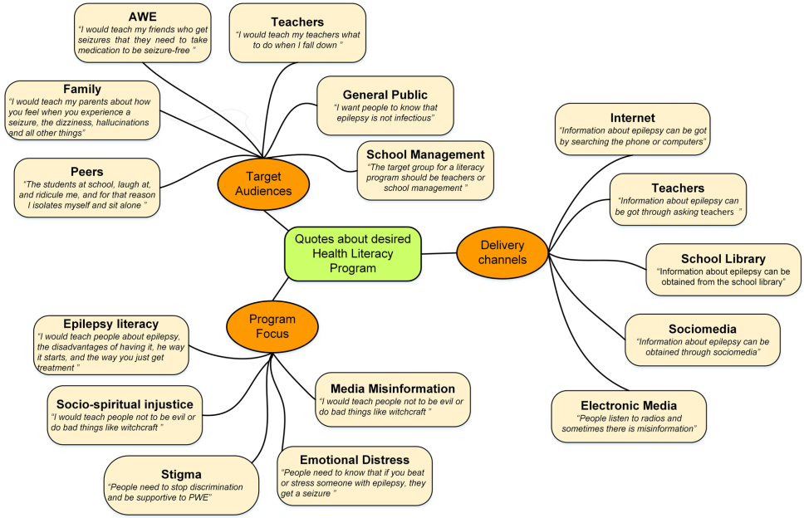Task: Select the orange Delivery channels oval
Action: [502, 252]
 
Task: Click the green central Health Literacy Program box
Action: [352, 253]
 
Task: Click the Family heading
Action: [82, 89]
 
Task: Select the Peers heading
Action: [86, 171]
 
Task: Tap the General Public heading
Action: [385, 94]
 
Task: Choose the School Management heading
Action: [425, 154]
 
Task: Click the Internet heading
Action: [632, 118]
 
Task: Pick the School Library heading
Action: [723, 258]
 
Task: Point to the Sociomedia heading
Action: [702, 329]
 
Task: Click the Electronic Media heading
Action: [629, 405]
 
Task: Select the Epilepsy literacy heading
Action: [110, 324]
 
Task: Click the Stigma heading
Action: [183, 474]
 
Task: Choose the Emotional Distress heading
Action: [355, 459]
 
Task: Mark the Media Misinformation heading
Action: [392, 388]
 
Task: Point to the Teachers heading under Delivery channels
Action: [678, 188]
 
